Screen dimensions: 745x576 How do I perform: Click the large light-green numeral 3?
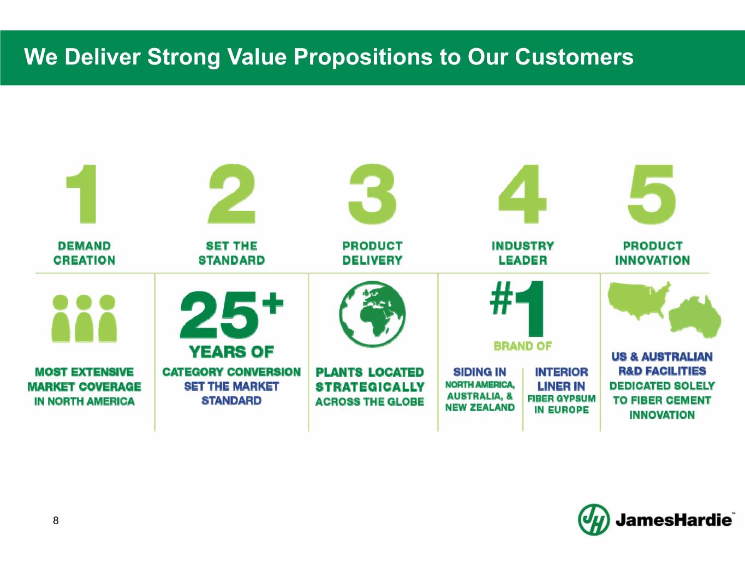[372, 194]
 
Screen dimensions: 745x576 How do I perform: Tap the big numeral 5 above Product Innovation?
[652, 194]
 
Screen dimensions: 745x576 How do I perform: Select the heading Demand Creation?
[85, 253]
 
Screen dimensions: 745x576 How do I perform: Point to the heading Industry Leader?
[523, 253]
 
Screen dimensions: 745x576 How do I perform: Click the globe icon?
[373, 314]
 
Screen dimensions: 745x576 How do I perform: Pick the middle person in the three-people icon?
[84, 318]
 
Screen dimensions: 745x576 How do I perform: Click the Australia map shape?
[694, 317]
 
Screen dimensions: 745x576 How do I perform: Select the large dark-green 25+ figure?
[232, 314]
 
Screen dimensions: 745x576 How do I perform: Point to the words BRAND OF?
[523, 346]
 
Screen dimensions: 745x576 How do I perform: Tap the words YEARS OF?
[231, 352]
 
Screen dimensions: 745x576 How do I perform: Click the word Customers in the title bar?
[574, 57]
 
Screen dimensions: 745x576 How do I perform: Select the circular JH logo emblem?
[594, 519]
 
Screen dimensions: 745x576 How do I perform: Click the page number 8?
[56, 520]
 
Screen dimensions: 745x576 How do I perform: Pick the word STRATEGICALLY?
[370, 387]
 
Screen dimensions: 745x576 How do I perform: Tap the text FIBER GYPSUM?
[562, 399]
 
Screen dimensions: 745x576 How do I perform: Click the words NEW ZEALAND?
[480, 407]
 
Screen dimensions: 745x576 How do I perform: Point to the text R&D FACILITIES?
[662, 371]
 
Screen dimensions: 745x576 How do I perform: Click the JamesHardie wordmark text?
[674, 520]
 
